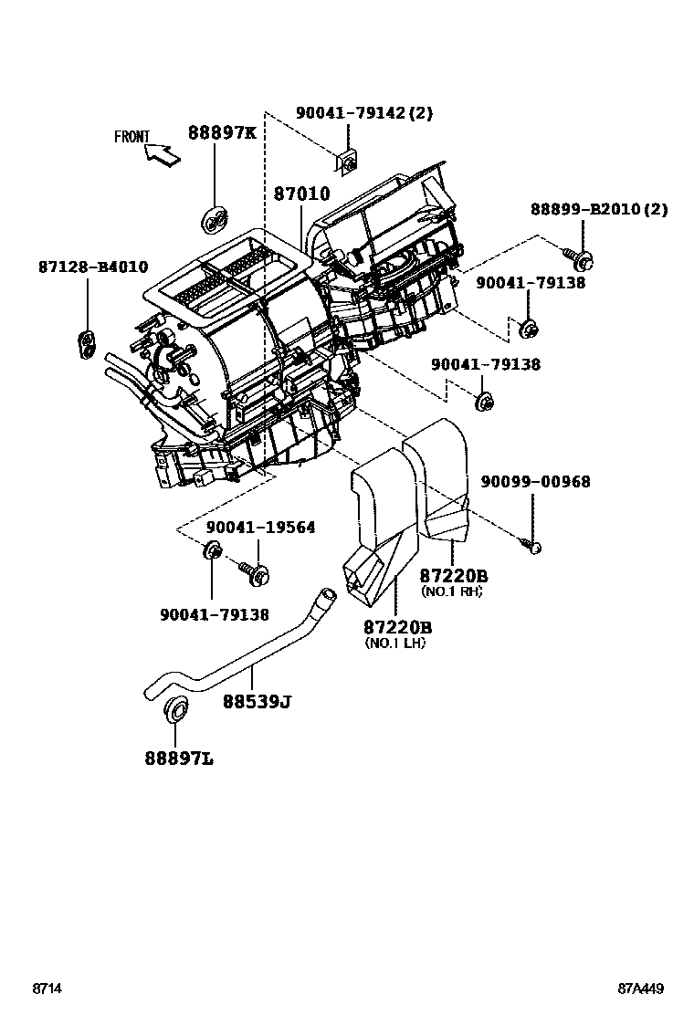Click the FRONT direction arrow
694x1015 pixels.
point(162,155)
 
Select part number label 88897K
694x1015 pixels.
point(222,133)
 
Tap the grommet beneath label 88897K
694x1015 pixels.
point(216,219)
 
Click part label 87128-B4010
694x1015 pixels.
point(93,267)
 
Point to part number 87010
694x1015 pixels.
point(301,194)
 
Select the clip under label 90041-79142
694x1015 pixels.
point(349,162)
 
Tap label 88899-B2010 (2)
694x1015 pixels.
point(599,209)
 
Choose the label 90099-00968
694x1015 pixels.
point(537,481)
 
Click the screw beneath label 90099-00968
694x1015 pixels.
point(534,546)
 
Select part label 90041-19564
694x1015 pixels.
point(260,528)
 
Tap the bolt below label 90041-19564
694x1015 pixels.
point(253,572)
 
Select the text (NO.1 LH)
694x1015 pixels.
point(395,643)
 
